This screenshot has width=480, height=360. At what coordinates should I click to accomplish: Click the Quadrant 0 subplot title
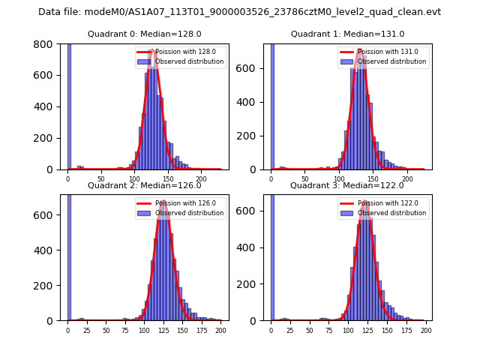[x=144, y=34]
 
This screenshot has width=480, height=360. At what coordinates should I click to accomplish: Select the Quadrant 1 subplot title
[x=347, y=34]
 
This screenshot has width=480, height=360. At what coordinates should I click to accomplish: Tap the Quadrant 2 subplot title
[x=144, y=185]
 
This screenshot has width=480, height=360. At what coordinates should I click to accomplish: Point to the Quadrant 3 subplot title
[x=347, y=185]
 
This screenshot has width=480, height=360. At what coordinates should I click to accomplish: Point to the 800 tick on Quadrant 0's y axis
[x=46, y=44]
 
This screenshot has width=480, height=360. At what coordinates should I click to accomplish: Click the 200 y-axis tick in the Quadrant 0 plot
[x=46, y=138]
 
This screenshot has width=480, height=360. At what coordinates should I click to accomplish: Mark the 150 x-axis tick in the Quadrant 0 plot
[x=169, y=178]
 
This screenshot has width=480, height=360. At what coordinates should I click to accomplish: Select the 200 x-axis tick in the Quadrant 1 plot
[x=408, y=178]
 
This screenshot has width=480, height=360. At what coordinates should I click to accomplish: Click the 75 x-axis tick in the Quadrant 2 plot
[x=125, y=330]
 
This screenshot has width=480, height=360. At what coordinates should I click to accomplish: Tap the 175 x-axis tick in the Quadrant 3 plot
[x=406, y=330]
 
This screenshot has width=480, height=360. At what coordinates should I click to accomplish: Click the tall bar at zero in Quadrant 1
[x=272, y=105]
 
